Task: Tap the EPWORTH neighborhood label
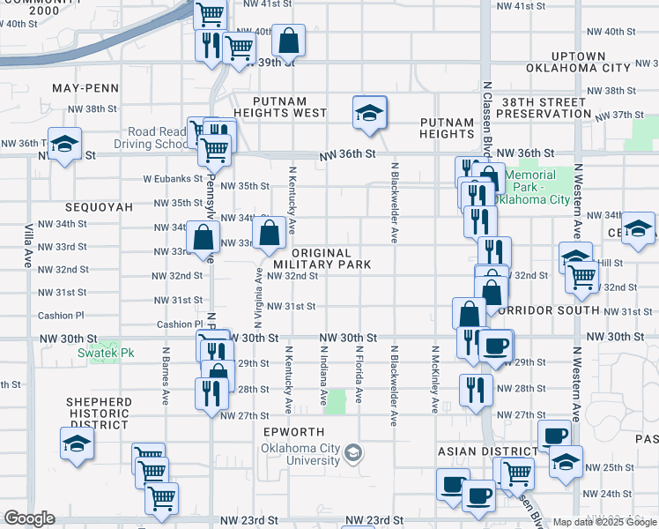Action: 294,432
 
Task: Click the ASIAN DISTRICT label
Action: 477,451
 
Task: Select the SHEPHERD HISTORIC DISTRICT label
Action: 99,408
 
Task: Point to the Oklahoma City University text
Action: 300,454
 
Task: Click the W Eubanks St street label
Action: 172,178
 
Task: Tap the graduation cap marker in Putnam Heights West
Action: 370,113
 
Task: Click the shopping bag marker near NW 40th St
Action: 289,41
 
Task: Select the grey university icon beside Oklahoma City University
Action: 353,453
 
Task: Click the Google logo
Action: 30,518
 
